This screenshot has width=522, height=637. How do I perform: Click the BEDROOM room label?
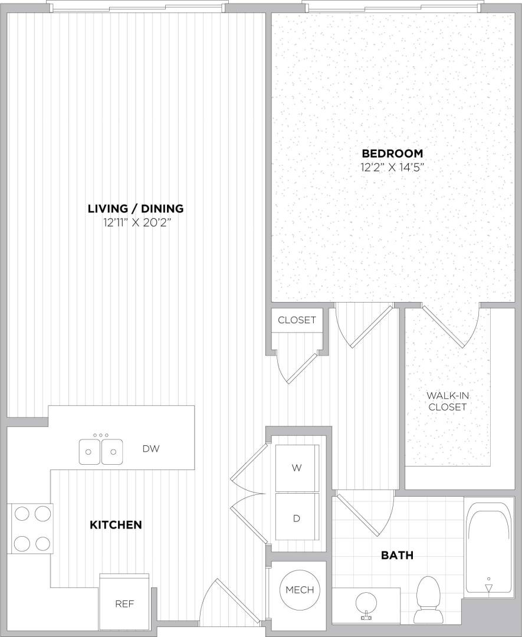393,153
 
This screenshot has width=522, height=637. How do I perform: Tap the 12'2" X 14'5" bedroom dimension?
393,167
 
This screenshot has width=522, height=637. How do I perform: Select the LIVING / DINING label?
136,208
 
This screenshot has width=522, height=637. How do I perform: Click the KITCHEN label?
116,524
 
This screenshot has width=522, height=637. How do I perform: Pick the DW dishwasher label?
151,449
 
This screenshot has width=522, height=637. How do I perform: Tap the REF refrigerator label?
123,604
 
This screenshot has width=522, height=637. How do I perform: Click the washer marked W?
297,468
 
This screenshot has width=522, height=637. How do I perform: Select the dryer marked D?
297,518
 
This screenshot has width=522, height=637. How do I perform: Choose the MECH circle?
300,590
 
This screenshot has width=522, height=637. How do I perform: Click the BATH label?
397,555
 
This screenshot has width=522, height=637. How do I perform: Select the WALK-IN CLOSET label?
448,401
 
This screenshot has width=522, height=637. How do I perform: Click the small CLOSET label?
297,320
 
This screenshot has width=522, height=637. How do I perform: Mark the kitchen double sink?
101,452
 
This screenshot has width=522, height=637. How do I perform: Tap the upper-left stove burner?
22,514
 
